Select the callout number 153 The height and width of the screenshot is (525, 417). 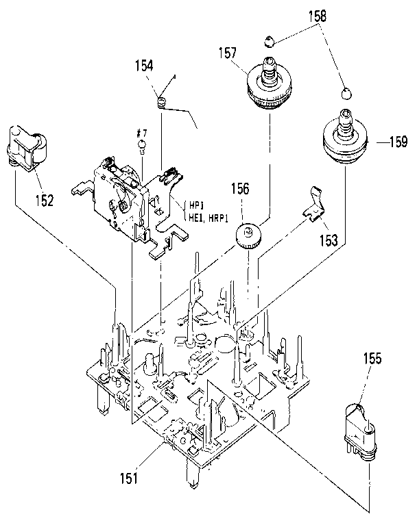pyautogui.click(x=328, y=240)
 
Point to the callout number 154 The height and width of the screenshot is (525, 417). pyautogui.click(x=145, y=66)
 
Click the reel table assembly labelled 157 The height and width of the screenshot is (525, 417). pyautogui.click(x=270, y=86)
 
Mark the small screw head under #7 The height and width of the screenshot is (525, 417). pyautogui.click(x=142, y=144)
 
